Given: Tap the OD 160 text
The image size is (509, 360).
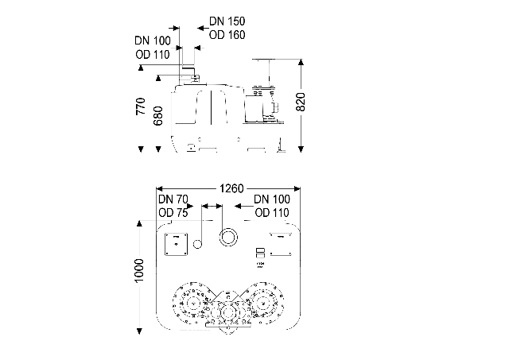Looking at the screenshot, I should (227, 35).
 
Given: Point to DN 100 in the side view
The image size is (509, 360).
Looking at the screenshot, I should (153, 41).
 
